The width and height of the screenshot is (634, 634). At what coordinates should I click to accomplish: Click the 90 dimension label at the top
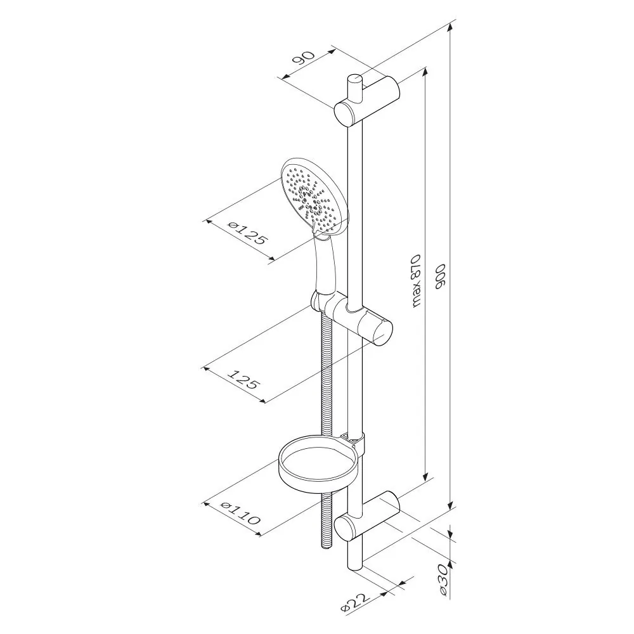[x=304, y=58]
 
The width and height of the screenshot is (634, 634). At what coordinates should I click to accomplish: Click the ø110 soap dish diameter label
[x=240, y=512]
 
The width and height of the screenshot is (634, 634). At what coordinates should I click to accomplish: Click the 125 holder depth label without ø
[x=243, y=378]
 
